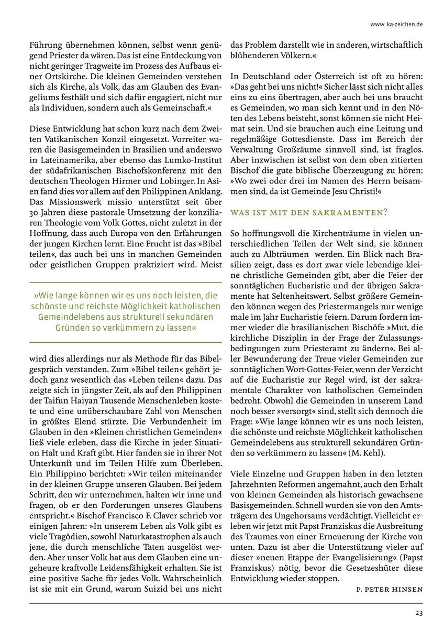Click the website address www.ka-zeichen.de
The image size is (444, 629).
(396, 24)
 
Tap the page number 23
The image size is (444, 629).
(419, 613)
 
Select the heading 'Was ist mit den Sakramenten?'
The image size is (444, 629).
(309, 212)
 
